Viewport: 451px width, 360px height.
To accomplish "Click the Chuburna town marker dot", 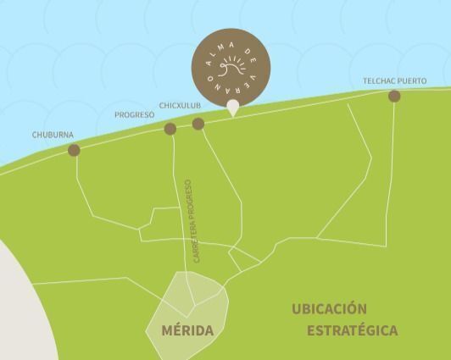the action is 74,150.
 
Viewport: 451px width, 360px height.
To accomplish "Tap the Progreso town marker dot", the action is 170,129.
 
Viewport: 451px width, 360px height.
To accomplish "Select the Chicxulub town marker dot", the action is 198,124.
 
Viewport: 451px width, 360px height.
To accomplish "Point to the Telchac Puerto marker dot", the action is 394,96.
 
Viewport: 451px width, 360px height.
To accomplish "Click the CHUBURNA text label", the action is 53,135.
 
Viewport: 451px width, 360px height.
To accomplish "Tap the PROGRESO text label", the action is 134,114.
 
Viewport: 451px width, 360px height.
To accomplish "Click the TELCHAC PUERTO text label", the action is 395,81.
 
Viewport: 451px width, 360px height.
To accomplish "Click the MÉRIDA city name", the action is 187,330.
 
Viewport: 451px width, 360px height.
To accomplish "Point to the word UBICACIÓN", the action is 329,309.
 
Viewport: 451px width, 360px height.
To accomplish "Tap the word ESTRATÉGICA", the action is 352,330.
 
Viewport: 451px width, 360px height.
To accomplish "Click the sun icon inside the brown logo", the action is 231,66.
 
